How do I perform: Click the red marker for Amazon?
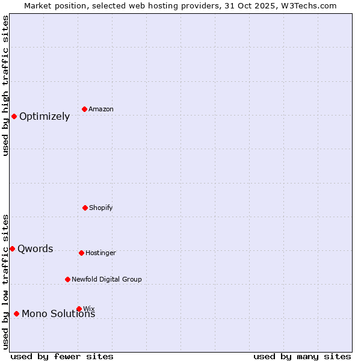click(x=85, y=109)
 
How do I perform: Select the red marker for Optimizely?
click(x=14, y=116)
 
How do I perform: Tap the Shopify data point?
click(x=85, y=208)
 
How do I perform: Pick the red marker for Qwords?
click(x=12, y=248)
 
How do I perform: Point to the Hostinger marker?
click(x=81, y=253)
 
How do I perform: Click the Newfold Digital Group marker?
click(x=67, y=279)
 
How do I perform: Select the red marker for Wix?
click(x=79, y=309)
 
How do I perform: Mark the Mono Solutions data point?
click(x=16, y=313)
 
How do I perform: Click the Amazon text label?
click(x=101, y=109)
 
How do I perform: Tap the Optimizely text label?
click(x=45, y=117)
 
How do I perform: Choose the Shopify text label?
click(x=101, y=208)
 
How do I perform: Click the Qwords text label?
click(x=35, y=249)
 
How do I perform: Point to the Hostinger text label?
click(x=100, y=253)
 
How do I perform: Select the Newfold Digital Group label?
click(x=106, y=279)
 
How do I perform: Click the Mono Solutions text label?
click(x=58, y=314)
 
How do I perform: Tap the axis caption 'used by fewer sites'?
click(x=62, y=356)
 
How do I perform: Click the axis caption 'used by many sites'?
click(x=302, y=356)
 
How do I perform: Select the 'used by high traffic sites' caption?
click(x=5, y=85)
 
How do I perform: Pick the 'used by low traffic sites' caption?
click(x=5, y=281)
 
